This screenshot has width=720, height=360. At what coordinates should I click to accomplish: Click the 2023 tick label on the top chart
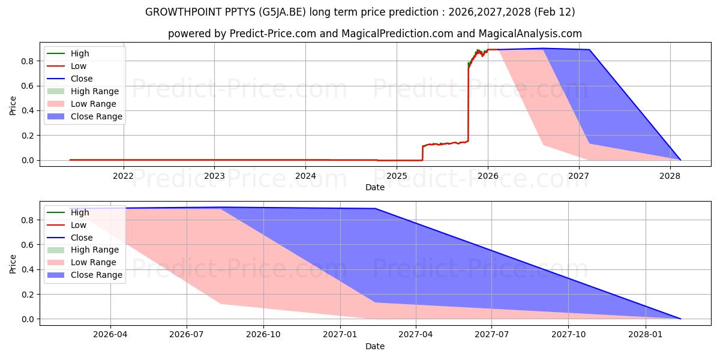click(x=214, y=176)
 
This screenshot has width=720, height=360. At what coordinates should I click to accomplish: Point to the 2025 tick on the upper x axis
click(x=397, y=176)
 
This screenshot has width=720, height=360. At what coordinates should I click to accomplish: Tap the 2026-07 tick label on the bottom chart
click(x=187, y=335)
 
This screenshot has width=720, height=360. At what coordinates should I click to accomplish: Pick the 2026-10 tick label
click(x=263, y=335)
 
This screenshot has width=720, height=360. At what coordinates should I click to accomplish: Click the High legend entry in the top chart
click(x=79, y=53)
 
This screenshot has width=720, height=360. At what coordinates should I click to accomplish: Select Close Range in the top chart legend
click(x=96, y=116)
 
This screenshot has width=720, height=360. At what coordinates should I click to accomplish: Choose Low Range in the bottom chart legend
click(x=94, y=262)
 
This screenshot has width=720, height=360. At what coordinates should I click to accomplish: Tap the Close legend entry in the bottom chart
click(x=82, y=238)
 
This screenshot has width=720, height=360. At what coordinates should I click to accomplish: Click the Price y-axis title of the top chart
click(x=13, y=106)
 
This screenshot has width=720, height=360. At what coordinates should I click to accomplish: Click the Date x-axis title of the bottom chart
click(x=375, y=346)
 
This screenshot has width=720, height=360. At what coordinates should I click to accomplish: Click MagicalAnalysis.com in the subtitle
click(x=528, y=34)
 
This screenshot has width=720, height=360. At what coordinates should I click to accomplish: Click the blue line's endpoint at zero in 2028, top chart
click(x=680, y=160)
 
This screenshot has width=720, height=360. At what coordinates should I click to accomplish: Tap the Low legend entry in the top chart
click(x=79, y=66)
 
